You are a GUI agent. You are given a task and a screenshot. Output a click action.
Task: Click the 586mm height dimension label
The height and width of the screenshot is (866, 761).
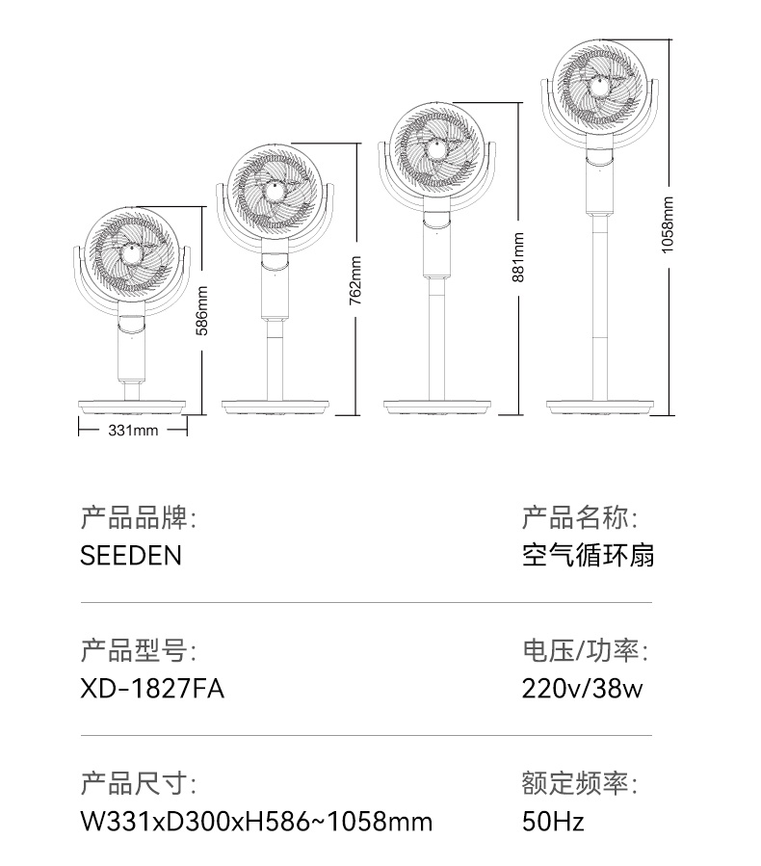pyautogui.click(x=202, y=310)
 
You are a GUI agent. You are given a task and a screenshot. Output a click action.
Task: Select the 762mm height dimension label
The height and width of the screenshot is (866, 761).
pyautogui.click(x=355, y=280)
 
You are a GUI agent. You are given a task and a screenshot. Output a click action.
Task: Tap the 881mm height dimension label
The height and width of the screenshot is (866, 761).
pyautogui.click(x=517, y=257)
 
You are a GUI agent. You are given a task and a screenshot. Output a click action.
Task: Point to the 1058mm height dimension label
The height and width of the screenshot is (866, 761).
pyautogui.click(x=668, y=225)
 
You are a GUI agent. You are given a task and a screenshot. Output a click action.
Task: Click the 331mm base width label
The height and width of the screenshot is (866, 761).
pyautogui.click(x=133, y=431)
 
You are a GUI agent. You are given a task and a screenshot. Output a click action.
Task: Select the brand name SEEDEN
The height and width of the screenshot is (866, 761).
pyautogui.click(x=131, y=555)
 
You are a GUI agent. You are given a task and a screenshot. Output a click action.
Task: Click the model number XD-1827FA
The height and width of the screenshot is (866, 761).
pyautogui.click(x=152, y=689)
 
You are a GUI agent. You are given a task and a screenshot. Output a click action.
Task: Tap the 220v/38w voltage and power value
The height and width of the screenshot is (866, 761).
pyautogui.click(x=583, y=689)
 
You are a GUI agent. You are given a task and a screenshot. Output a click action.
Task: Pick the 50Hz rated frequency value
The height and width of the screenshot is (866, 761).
pyautogui.click(x=553, y=822)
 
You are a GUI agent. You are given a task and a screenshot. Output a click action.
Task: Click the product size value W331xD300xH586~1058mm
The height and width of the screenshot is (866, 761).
pyautogui.click(x=256, y=822)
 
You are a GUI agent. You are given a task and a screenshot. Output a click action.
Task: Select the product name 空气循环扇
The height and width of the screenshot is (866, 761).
pyautogui.click(x=589, y=555)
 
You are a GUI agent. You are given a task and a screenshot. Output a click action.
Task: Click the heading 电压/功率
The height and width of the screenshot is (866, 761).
pyautogui.click(x=586, y=650)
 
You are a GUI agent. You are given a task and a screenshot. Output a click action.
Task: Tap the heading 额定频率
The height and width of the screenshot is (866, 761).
pyautogui.click(x=580, y=783)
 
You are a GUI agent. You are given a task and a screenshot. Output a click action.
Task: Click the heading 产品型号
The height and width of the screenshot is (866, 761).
pyautogui.click(x=138, y=650)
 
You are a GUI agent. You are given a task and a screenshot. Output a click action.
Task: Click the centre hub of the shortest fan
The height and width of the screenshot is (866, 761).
pyautogui.click(x=131, y=254)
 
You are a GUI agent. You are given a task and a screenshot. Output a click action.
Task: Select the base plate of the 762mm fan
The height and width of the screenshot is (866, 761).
pyautogui.click(x=276, y=407)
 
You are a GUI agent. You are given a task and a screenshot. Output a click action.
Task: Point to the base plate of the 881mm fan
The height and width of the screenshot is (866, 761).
pyautogui.click(x=437, y=407)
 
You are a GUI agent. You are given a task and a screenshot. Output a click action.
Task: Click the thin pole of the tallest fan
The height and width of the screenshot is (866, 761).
pyautogui.click(x=600, y=307)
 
